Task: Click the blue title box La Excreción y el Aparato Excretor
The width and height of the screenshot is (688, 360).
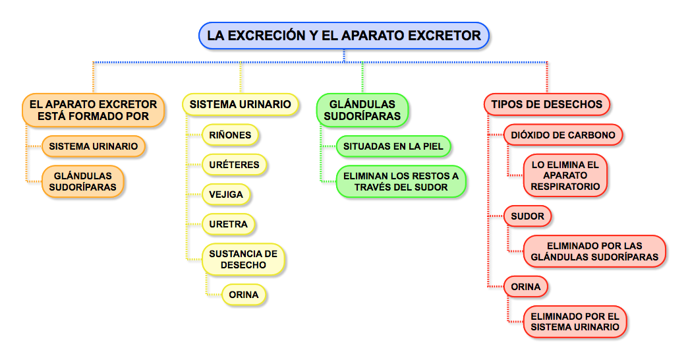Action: click(344, 36)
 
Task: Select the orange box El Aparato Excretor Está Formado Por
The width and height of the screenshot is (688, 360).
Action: click(93, 109)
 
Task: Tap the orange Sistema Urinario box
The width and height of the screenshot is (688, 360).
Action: click(94, 146)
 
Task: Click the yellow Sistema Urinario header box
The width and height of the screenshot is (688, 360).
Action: click(240, 104)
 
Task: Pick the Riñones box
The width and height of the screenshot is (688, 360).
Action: click(230, 135)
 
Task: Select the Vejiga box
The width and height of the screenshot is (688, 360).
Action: click(226, 195)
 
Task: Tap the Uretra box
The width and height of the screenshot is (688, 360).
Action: click(228, 224)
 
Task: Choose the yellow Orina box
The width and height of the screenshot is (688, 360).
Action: click(244, 295)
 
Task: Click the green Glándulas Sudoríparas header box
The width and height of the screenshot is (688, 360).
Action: click(362, 109)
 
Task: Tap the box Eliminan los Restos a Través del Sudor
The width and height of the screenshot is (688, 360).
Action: click(401, 181)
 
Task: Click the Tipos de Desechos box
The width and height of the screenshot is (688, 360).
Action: click(546, 104)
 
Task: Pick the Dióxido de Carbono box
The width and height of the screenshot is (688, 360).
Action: click(563, 135)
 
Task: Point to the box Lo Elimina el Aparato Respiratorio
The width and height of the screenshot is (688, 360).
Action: click(565, 175)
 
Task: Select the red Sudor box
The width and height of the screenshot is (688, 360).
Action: click(527, 216)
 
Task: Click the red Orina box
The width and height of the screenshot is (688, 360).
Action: click(526, 287)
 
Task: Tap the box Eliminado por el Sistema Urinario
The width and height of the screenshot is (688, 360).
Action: click(575, 322)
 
